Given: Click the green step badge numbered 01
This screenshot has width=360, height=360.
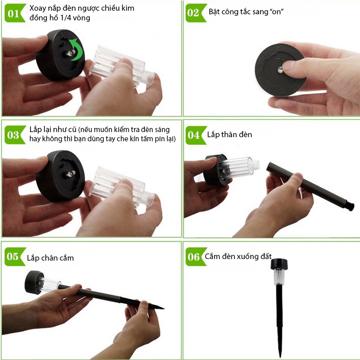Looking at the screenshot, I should (14, 13).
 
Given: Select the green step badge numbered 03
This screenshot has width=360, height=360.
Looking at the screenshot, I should (14, 135).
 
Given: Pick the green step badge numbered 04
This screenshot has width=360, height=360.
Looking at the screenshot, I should (194, 135).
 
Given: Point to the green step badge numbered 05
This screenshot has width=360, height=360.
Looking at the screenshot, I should (14, 256).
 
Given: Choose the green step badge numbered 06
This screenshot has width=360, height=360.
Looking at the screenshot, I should (194, 256).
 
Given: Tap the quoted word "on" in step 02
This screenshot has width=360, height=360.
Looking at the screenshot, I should (276, 11).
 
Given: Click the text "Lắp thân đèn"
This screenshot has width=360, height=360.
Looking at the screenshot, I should (229, 135).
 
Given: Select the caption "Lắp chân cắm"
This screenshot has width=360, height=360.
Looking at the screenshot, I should (50, 258).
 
